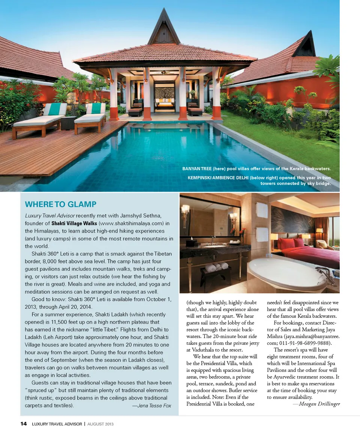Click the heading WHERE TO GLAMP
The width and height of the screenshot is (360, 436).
[x=60, y=204]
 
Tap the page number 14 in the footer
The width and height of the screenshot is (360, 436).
[x=24, y=424]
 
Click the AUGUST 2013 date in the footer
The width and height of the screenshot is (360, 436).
[x=100, y=424]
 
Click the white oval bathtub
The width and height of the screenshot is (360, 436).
[x=287, y=274]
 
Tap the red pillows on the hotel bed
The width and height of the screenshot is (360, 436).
[x=291, y=243]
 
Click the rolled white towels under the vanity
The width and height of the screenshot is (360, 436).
[x=217, y=267]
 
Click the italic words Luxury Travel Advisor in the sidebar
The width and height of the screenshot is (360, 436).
[x=50, y=216]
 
